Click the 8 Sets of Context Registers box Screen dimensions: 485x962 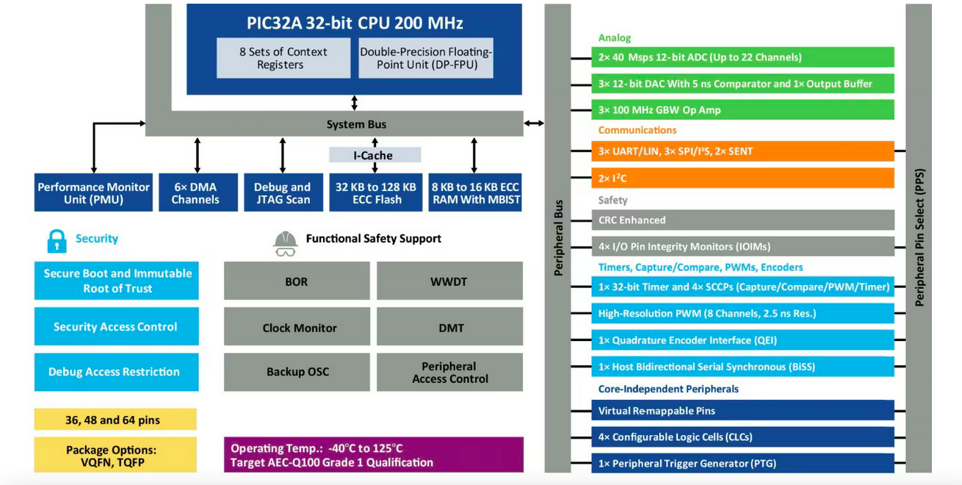(283, 58)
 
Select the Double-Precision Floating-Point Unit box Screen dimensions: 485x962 (425, 58)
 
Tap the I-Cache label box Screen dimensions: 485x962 (375, 155)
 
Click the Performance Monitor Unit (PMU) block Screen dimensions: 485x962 (93, 193)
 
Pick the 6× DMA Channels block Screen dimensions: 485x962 (195, 193)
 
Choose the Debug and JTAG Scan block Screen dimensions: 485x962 (282, 193)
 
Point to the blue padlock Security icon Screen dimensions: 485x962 (57, 240)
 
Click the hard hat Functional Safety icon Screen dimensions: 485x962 (285, 242)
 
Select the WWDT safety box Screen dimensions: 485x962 (449, 281)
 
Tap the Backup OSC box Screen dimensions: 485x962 (297, 372)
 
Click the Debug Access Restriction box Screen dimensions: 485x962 (116, 372)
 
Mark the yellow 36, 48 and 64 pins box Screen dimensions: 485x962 (115, 420)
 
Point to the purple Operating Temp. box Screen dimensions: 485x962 (373, 455)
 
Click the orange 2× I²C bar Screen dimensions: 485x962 (742, 178)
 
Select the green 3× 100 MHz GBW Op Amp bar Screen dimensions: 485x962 (742, 110)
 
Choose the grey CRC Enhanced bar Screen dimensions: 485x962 (742, 220)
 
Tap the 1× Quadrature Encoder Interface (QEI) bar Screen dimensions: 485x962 (742, 340)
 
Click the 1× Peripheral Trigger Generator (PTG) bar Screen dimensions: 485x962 (742, 463)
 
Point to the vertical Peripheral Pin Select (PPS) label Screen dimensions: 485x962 (919, 238)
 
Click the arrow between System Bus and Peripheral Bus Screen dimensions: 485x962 (534, 123)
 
